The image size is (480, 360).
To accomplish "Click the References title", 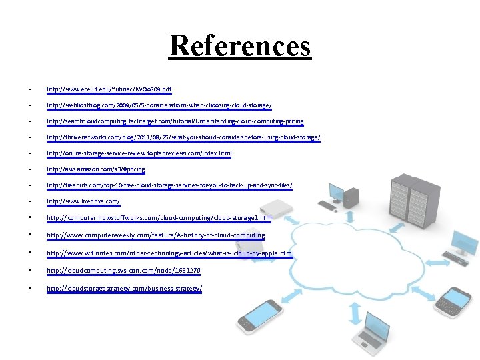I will [240, 46].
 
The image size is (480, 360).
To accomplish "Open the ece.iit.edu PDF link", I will [109, 89].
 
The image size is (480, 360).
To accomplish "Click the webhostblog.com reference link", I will [159, 105].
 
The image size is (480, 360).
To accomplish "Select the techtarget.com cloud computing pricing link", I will [175, 121].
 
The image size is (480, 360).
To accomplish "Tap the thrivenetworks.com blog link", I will [183, 137].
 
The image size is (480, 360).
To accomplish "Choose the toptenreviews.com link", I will [139, 153].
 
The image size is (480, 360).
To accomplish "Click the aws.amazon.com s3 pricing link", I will [95, 169].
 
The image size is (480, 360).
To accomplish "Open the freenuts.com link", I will [169, 185].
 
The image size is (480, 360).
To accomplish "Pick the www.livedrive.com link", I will [83, 201].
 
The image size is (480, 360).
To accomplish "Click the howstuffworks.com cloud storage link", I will [159, 217].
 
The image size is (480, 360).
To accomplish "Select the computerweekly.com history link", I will [155, 235].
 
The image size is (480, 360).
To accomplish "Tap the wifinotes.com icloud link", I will [169, 253].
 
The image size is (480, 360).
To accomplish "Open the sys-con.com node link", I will [123, 271].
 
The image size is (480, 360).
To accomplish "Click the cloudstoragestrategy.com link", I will [124, 289].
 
